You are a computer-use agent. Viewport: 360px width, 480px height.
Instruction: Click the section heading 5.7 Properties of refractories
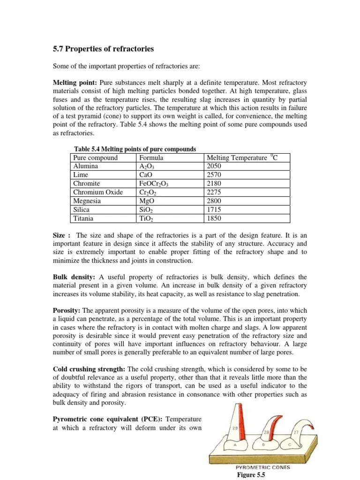pos(102,49)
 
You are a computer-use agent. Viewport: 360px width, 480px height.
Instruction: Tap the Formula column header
pos(151,158)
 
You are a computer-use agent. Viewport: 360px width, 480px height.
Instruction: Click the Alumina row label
pos(86,166)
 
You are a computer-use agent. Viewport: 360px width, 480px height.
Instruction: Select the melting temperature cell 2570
pos(214,174)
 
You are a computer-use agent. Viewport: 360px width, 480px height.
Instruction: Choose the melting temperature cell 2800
pos(214,201)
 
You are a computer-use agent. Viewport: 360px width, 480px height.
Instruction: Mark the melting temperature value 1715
pos(214,210)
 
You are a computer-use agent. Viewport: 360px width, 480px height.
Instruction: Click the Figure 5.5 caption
pos(252,475)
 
